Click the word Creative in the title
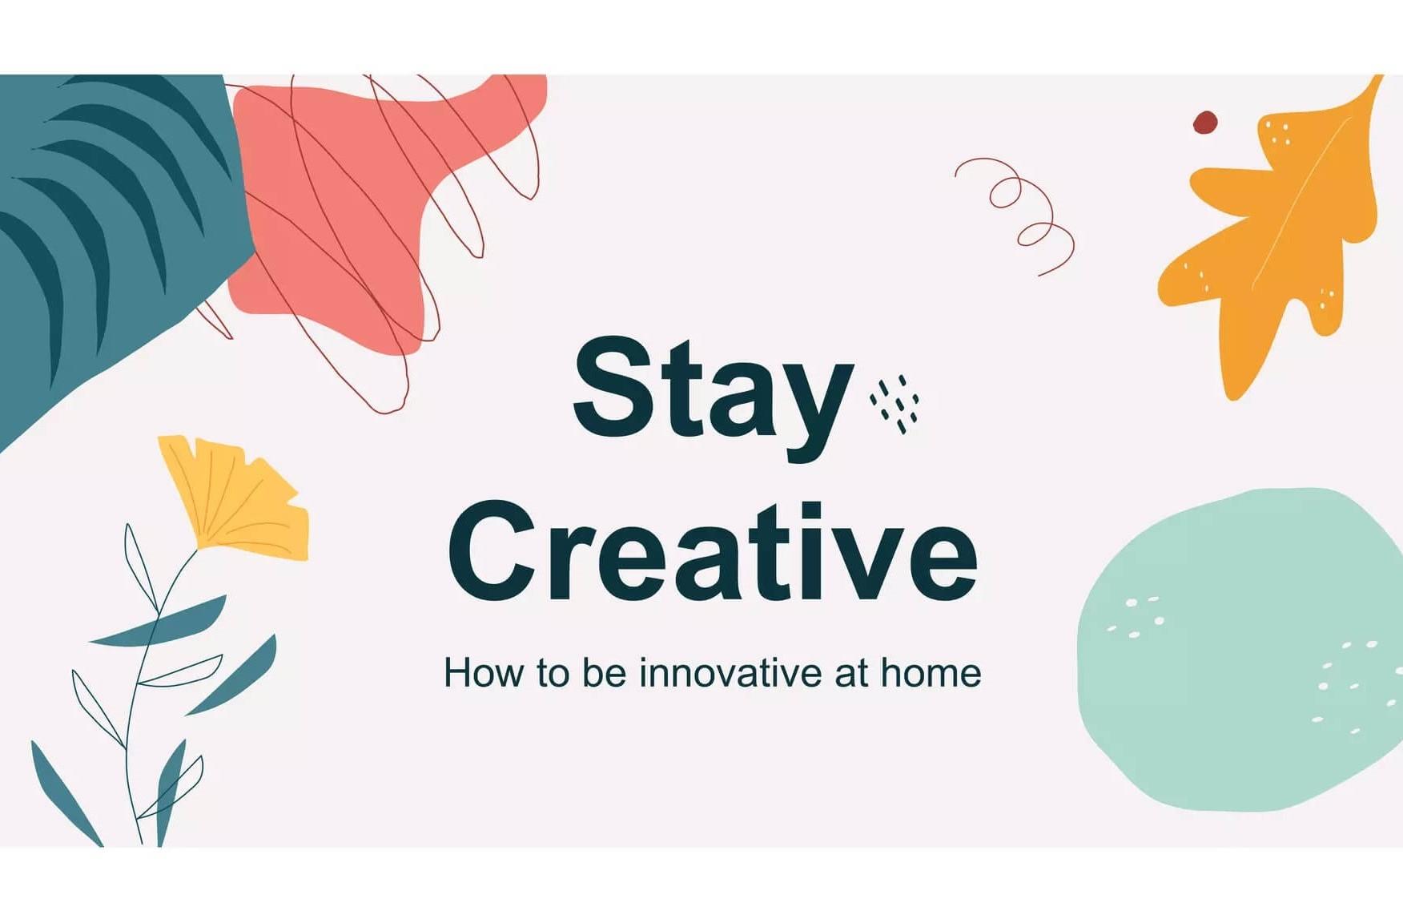(x=713, y=553)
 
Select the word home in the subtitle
(x=931, y=673)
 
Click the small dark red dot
(x=1204, y=123)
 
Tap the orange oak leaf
(x=1273, y=240)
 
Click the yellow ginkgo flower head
(x=236, y=497)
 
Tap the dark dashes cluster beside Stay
(x=895, y=404)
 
